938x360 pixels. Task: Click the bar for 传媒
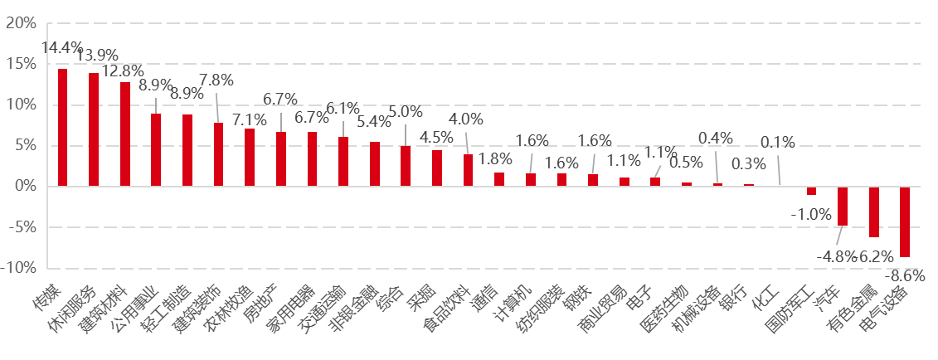(x=62, y=128)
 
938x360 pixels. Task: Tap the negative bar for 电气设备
(x=904, y=221)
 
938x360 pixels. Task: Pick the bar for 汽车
(x=842, y=206)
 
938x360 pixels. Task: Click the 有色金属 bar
(x=873, y=212)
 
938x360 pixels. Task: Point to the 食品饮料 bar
(x=468, y=170)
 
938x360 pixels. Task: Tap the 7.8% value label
(x=216, y=80)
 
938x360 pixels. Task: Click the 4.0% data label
(x=465, y=119)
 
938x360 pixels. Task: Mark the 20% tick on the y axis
(x=22, y=23)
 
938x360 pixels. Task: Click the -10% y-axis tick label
(x=19, y=268)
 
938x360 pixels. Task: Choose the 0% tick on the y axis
(x=26, y=187)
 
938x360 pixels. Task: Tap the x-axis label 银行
(x=733, y=297)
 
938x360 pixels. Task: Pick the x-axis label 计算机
(x=512, y=302)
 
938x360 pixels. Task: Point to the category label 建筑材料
(x=104, y=309)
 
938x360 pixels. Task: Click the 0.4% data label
(x=715, y=139)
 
